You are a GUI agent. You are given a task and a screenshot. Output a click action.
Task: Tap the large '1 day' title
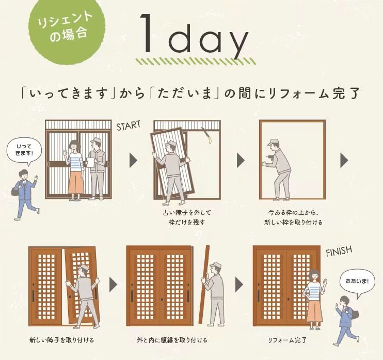[x=193, y=37]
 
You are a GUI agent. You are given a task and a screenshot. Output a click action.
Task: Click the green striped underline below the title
[x=196, y=61]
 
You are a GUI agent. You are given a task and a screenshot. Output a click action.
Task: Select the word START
[x=129, y=126]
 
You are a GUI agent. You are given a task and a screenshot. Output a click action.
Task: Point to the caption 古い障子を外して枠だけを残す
[x=183, y=217]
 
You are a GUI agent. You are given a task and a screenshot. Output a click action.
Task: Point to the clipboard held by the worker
[x=89, y=162]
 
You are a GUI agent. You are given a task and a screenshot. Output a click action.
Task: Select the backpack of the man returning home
[x=355, y=313]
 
